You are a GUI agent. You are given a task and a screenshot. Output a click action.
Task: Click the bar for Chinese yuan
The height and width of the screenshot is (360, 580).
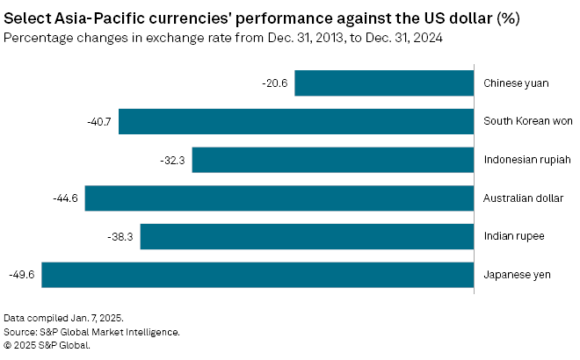point(384,83)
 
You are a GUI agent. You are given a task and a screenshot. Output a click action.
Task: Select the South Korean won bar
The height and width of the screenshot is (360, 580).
point(296,121)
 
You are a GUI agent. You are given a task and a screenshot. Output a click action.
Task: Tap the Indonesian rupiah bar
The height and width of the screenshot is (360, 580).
point(333,160)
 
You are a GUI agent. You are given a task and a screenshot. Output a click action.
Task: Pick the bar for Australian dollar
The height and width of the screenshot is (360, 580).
point(279,198)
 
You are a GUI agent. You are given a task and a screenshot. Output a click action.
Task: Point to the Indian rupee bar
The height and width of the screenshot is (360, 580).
point(307,236)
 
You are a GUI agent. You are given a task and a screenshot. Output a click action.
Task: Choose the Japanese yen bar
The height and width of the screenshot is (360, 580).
point(257,275)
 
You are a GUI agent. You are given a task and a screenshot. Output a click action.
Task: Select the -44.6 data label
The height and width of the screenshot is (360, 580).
point(66,198)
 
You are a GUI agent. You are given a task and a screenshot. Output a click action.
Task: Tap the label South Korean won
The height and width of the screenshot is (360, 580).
point(527,121)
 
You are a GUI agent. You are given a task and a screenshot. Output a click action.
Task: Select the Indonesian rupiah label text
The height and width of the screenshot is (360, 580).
point(527,160)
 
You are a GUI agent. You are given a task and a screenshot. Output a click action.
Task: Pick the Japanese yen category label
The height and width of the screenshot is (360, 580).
point(517,275)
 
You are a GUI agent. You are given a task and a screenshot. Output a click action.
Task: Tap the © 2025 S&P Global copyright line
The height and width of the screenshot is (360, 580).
point(47,345)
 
